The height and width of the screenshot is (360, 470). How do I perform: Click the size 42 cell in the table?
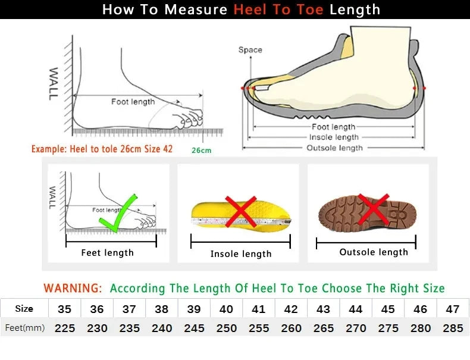(x=291, y=309)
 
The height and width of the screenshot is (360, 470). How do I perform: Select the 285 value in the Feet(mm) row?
(x=453, y=328)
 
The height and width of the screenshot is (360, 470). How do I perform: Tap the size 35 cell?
(x=65, y=309)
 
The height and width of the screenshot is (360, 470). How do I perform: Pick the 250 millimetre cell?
(x=226, y=328)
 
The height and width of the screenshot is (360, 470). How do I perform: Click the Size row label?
(x=24, y=309)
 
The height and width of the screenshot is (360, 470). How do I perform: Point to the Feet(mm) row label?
(x=24, y=328)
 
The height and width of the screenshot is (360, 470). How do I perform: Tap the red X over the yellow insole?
(x=240, y=212)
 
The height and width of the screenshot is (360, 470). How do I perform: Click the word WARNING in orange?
(x=73, y=289)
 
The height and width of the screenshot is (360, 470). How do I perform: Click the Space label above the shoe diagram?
(x=250, y=50)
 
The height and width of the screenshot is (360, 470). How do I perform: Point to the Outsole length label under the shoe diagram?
(x=334, y=148)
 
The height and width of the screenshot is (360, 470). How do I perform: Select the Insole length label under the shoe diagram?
(x=334, y=137)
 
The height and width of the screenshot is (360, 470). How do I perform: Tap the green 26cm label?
(x=201, y=151)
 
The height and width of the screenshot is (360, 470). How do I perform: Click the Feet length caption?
(x=107, y=253)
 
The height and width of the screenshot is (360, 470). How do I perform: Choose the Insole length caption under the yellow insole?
(x=240, y=254)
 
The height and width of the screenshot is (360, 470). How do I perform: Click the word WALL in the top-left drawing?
(x=54, y=83)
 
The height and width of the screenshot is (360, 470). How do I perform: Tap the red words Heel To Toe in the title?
(x=278, y=10)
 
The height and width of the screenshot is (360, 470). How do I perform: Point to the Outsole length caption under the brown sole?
(x=374, y=252)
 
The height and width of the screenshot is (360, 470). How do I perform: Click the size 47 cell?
(x=453, y=309)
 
